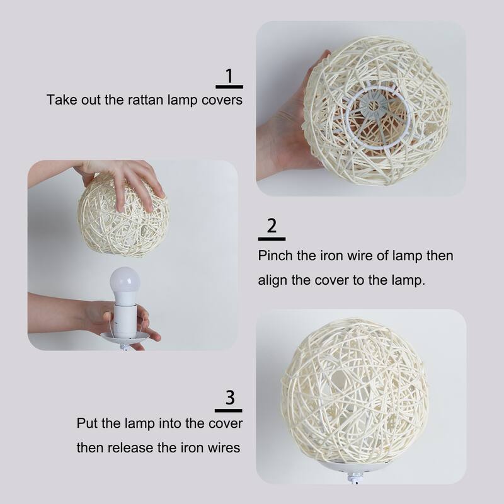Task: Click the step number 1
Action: [x=229, y=76]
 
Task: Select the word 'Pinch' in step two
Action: [x=275, y=257]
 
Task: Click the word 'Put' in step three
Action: [x=88, y=423]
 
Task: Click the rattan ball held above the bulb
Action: [x=123, y=217]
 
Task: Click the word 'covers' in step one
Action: [x=222, y=100]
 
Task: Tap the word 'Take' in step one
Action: [x=60, y=100]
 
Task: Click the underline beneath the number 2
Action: [x=272, y=239]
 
